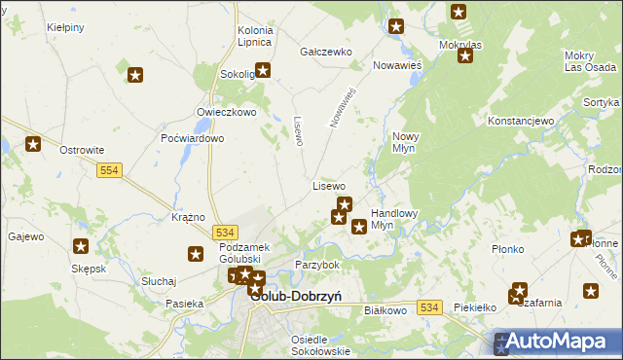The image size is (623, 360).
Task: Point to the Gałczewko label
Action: (325, 52)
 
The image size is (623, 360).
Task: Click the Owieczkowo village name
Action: (225, 112)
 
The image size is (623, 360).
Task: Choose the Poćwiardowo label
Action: (193, 138)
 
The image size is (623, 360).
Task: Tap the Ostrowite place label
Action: (82, 151)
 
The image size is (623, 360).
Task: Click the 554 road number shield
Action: (108, 170)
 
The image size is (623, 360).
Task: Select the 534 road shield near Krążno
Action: (225, 233)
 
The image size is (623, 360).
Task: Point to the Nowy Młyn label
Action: (406, 143)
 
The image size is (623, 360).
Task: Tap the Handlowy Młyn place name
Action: (394, 219)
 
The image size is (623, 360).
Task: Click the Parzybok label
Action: (317, 265)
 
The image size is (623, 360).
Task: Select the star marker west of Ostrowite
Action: (33, 145)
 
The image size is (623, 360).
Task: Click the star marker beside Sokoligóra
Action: (262, 70)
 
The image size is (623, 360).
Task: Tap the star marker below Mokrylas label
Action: (464, 55)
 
